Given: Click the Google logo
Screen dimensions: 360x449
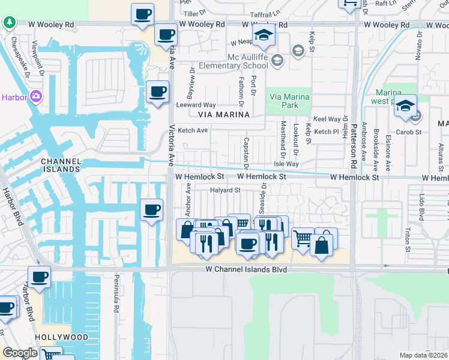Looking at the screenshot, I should [x=20, y=353].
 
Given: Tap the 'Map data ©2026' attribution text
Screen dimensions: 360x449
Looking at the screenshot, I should [x=424, y=355].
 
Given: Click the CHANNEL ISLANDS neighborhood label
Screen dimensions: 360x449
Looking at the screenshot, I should [x=61, y=165].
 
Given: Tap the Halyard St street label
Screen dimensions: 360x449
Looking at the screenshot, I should [x=225, y=191].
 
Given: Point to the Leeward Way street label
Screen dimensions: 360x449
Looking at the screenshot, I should [x=196, y=104].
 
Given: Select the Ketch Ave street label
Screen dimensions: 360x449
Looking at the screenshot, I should [x=193, y=130].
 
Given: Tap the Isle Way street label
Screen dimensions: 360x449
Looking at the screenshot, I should [x=286, y=164].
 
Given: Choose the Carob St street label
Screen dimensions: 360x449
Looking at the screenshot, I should [x=411, y=131].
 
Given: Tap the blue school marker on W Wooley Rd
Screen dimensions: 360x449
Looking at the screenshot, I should [x=263, y=35].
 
